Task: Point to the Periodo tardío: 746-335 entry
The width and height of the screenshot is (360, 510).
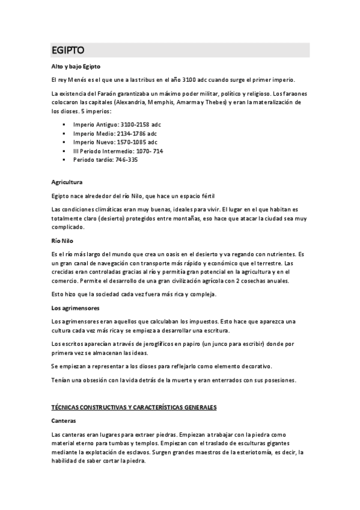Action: tap(105, 160)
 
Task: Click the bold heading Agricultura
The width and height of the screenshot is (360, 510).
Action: tap(67, 181)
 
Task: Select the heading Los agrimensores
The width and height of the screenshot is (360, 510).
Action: tap(75, 307)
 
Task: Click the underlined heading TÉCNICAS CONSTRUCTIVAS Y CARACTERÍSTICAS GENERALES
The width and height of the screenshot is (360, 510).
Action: tap(133, 407)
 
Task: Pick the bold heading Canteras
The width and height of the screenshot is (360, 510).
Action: tap(64, 420)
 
